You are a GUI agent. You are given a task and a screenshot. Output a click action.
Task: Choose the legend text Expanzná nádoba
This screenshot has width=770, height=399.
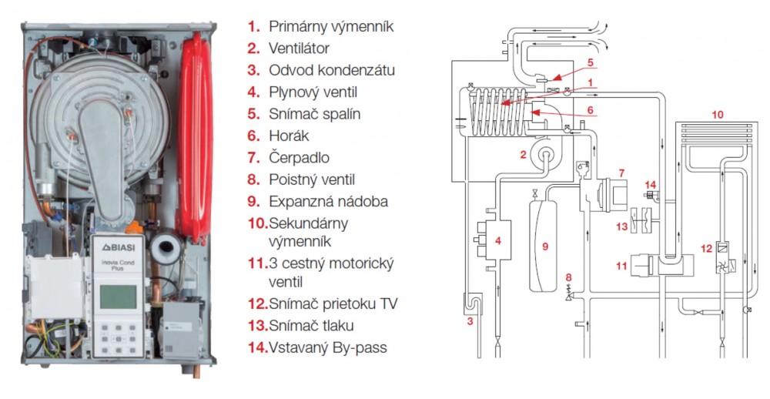click(x=328, y=201)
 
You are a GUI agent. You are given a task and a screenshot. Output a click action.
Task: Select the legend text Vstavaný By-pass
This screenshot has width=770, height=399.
click(x=328, y=347)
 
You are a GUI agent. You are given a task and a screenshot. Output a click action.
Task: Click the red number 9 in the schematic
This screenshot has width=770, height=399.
click(x=545, y=246)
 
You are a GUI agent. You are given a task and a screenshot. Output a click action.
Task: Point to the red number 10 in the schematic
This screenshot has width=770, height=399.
click(x=717, y=114)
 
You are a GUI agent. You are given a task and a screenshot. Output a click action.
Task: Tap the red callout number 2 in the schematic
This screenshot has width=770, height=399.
click(x=524, y=155)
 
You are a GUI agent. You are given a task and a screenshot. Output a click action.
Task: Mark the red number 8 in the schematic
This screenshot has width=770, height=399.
click(x=569, y=277)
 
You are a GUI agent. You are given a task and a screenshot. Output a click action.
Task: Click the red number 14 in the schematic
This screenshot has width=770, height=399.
click(x=651, y=185)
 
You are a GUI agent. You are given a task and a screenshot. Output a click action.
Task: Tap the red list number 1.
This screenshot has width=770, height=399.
click(x=252, y=27)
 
